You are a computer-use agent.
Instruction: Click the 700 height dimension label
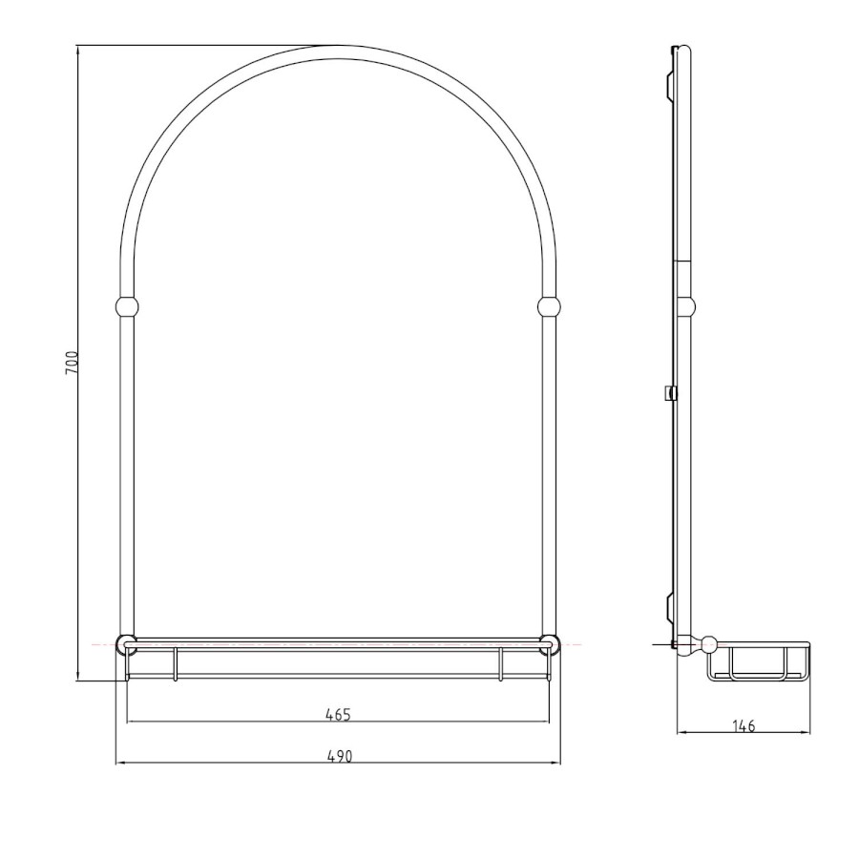point(72,364)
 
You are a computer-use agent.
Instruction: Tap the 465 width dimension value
point(338,715)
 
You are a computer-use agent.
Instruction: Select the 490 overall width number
point(340,757)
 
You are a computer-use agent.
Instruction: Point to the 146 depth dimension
point(744,726)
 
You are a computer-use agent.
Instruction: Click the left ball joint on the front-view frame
point(127,306)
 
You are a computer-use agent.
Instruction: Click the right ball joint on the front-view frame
point(549,306)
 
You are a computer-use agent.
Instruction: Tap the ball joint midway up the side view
point(686,306)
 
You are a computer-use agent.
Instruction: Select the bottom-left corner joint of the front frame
point(127,645)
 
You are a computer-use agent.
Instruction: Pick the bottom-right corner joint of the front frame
point(549,645)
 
